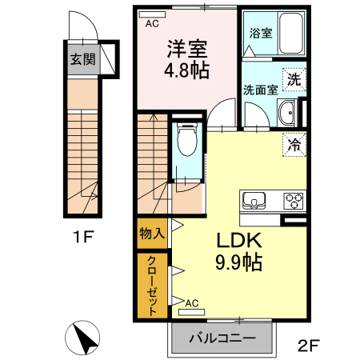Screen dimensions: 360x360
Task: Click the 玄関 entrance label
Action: click(x=80, y=59)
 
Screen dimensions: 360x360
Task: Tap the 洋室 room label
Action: click(x=187, y=48)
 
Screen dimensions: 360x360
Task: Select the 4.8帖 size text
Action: click(x=187, y=70)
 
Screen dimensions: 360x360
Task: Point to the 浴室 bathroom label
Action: click(x=260, y=34)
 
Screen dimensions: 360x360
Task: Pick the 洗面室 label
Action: click(x=261, y=90)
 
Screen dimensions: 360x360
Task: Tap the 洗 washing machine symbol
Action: click(x=295, y=79)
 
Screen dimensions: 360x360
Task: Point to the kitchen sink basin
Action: click(x=254, y=200)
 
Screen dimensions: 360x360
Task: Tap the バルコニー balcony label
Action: click(x=222, y=338)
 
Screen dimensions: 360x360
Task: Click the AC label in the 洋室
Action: click(x=152, y=24)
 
